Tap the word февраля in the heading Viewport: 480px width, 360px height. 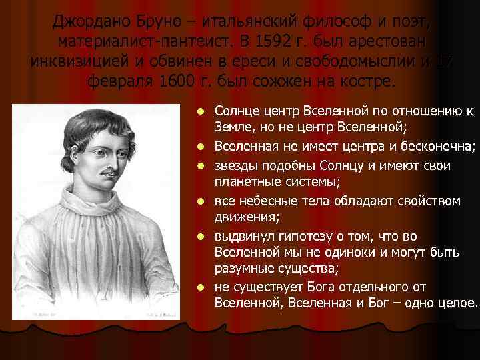[x=119, y=81]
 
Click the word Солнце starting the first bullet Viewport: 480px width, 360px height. [x=236, y=109]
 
